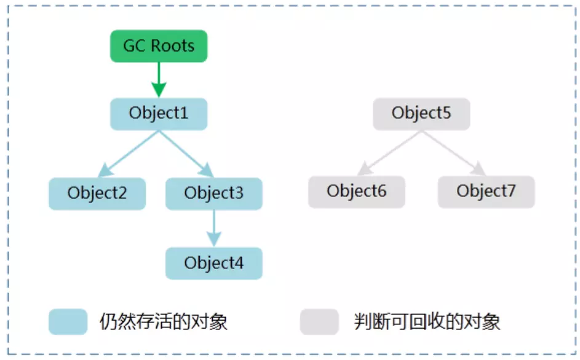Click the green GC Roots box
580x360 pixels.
point(159,46)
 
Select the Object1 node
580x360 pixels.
point(159,114)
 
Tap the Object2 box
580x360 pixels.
point(97,193)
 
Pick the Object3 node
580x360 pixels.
point(214,193)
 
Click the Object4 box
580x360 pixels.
point(214,263)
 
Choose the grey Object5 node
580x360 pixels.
point(421,114)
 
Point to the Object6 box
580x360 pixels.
point(357,191)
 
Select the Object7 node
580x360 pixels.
point(486,191)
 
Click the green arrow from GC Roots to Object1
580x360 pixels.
point(159,80)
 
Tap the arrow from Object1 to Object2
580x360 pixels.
point(129,154)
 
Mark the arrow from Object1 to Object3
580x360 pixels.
point(186,154)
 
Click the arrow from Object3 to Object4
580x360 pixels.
point(214,228)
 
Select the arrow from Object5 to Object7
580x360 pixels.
point(454,153)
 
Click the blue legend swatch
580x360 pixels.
point(68,321)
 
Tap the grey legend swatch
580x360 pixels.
point(319,321)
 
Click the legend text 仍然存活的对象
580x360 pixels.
point(164,321)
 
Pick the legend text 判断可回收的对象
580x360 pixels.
point(427,321)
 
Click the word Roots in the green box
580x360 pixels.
point(173,46)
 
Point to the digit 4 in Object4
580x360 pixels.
point(239,263)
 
